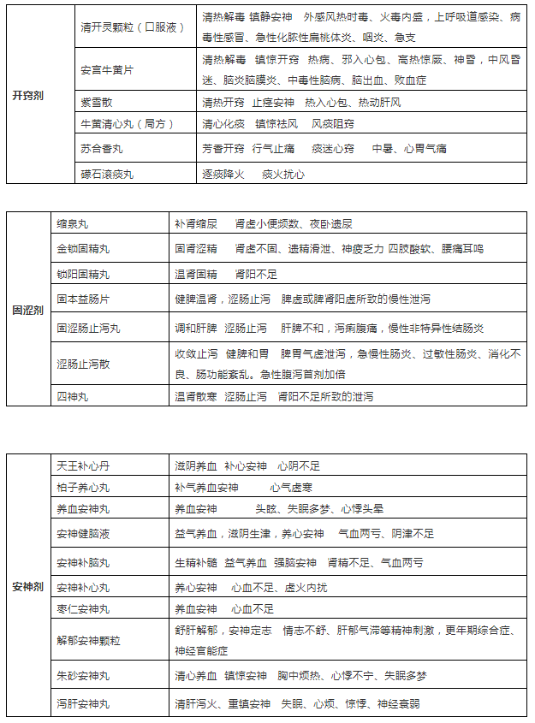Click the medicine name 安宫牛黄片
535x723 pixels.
[x=107, y=70]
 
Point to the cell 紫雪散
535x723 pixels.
[x=96, y=103]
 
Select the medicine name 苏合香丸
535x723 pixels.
[x=101, y=149]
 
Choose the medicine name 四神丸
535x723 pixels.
[x=74, y=397]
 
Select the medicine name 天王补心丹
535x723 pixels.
[x=84, y=466]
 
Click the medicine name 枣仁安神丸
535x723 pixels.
[x=84, y=609]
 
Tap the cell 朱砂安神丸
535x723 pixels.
[x=84, y=676]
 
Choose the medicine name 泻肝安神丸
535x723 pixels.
[x=84, y=704]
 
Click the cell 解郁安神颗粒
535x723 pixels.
[x=90, y=640]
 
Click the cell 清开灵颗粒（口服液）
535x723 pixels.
[x=133, y=28]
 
